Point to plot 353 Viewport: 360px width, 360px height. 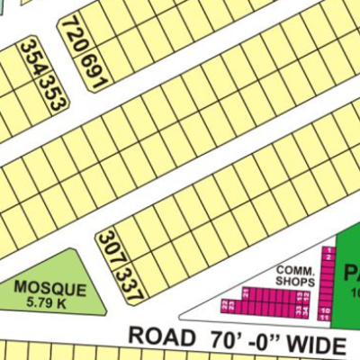pyautogui.click(x=54, y=89)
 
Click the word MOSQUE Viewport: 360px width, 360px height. pyautogui.click(x=50, y=289)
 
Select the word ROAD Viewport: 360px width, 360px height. pyautogui.click(x=162, y=336)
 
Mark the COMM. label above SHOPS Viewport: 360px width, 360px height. pyautogui.click(x=293, y=271)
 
